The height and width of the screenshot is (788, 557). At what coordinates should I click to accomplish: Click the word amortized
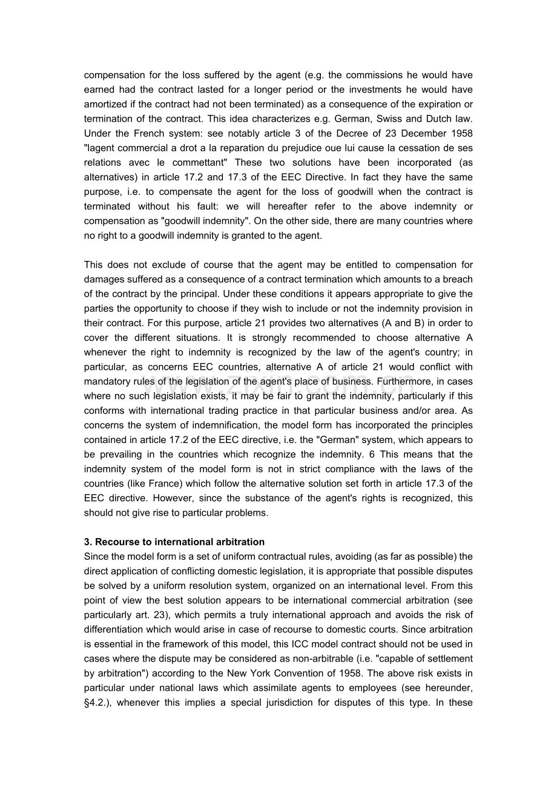[105, 105]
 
